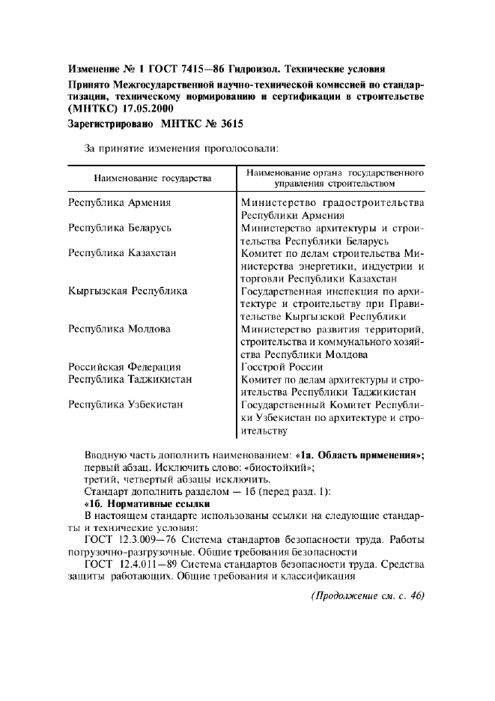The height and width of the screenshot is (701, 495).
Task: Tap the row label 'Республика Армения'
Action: click(x=120, y=202)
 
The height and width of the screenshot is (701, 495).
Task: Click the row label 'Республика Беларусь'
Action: click(x=121, y=227)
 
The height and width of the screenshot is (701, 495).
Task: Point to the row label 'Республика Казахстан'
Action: click(x=122, y=253)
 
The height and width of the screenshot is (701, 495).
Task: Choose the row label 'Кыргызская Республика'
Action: click(x=127, y=291)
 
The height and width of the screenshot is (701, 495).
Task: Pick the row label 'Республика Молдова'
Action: click(x=119, y=329)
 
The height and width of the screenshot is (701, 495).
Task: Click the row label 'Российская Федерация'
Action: click(x=124, y=367)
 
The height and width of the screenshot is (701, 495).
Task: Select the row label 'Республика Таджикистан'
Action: click(x=130, y=379)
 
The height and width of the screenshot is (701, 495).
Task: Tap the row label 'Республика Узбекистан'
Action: click(x=126, y=405)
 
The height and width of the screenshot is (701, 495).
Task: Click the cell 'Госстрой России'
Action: click(x=282, y=367)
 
